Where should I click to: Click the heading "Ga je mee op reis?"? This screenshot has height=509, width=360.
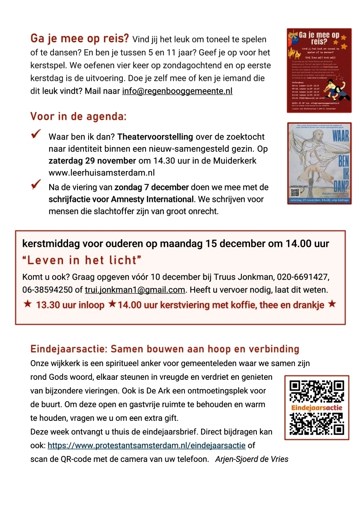(79, 39)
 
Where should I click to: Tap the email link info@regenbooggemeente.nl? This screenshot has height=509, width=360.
(177, 91)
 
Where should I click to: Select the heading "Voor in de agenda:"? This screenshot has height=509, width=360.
(78, 116)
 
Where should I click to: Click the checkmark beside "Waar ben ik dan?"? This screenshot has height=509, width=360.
(36, 136)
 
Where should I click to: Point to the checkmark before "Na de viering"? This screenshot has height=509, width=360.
(36, 185)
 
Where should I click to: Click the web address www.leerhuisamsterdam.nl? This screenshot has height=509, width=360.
(101, 173)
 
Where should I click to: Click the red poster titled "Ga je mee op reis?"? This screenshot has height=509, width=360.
(319, 70)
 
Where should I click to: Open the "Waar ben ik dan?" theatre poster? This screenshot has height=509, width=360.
(319, 163)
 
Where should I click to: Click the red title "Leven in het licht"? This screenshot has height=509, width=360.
(82, 260)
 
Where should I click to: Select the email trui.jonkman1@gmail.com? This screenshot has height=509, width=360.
(135, 290)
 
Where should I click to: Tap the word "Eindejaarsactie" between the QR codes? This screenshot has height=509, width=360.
(317, 408)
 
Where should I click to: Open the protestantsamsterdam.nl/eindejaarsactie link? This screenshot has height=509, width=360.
(146, 445)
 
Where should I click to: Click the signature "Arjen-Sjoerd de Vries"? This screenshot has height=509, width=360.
(252, 459)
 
